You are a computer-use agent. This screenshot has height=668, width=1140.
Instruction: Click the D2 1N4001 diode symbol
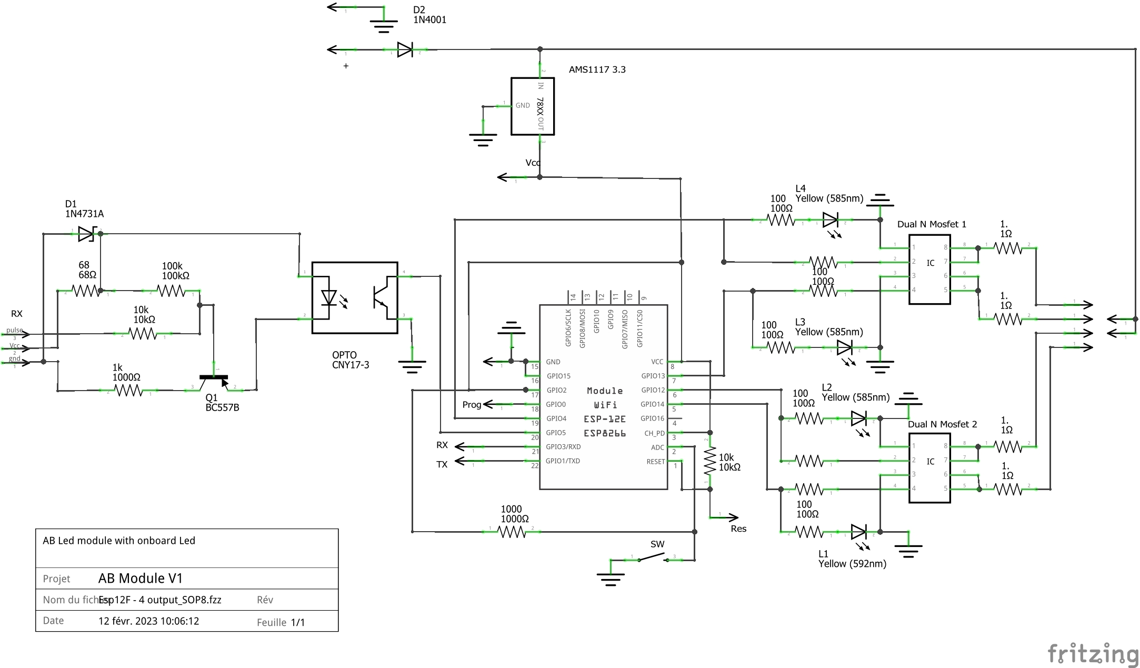(x=405, y=50)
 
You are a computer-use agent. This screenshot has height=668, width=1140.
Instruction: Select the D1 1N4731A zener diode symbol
(x=86, y=233)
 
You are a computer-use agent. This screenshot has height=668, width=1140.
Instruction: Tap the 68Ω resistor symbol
(x=86, y=291)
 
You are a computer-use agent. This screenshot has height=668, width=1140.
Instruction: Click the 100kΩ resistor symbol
(x=172, y=291)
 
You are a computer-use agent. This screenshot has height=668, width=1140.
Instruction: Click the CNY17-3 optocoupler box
(x=355, y=298)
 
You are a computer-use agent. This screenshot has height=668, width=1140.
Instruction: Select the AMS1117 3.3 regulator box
(x=533, y=106)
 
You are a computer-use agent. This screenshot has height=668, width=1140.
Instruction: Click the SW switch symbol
(x=653, y=558)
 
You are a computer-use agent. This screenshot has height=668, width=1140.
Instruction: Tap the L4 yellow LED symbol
(x=831, y=220)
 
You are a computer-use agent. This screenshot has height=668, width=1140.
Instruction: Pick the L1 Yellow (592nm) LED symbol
(x=858, y=532)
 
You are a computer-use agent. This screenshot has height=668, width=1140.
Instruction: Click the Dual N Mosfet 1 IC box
(x=929, y=270)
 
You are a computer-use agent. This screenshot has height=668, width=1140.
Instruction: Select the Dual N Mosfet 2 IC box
(x=929, y=468)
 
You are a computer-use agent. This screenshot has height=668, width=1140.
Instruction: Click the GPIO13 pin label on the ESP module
(x=653, y=376)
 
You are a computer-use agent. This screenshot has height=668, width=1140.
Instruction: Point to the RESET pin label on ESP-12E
(x=656, y=462)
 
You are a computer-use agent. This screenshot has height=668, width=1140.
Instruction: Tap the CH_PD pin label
(x=655, y=433)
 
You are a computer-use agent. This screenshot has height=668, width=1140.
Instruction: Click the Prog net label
(x=472, y=405)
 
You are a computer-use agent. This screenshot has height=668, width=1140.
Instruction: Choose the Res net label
(x=738, y=529)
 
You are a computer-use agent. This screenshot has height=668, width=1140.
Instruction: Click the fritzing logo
(x=1093, y=654)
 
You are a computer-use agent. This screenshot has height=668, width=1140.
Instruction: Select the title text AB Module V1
(x=141, y=579)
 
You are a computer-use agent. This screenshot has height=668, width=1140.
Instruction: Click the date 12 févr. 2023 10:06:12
(x=149, y=621)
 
